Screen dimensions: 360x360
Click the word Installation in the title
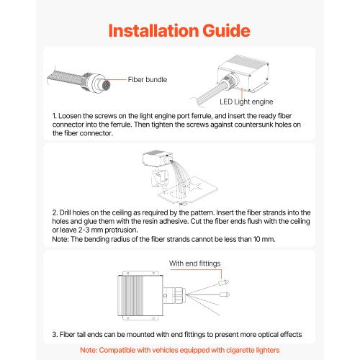click(x=153, y=30)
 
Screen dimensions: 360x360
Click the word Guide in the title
click(x=226, y=30)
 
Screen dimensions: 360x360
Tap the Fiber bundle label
click(x=148, y=79)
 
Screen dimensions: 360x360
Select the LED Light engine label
click(x=246, y=102)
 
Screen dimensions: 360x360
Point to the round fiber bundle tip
click(x=106, y=84)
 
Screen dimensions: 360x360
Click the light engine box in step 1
click(x=243, y=73)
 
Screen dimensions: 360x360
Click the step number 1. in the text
click(x=55, y=116)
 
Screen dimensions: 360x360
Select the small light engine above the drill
click(x=158, y=158)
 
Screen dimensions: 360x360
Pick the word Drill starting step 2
click(x=65, y=212)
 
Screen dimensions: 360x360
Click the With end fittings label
click(x=194, y=264)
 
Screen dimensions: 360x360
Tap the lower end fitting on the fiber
click(x=225, y=294)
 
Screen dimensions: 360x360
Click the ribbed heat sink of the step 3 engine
click(x=131, y=295)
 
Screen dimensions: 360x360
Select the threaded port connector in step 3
click(x=179, y=295)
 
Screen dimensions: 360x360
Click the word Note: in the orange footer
click(x=89, y=350)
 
